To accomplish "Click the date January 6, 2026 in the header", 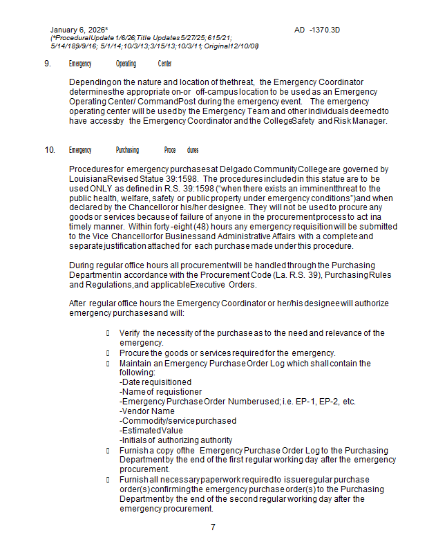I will [x=78, y=30].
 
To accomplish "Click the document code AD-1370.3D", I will [x=317, y=30].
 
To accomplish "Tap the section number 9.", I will [x=47, y=64].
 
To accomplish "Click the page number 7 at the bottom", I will [x=213, y=527].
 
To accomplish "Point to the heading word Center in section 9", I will [x=164, y=64].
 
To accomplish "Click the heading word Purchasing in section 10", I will [x=127, y=150].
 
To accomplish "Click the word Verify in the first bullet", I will [x=130, y=333].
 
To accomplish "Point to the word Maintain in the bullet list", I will [x=135, y=363].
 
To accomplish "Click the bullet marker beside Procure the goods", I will [x=108, y=353].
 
